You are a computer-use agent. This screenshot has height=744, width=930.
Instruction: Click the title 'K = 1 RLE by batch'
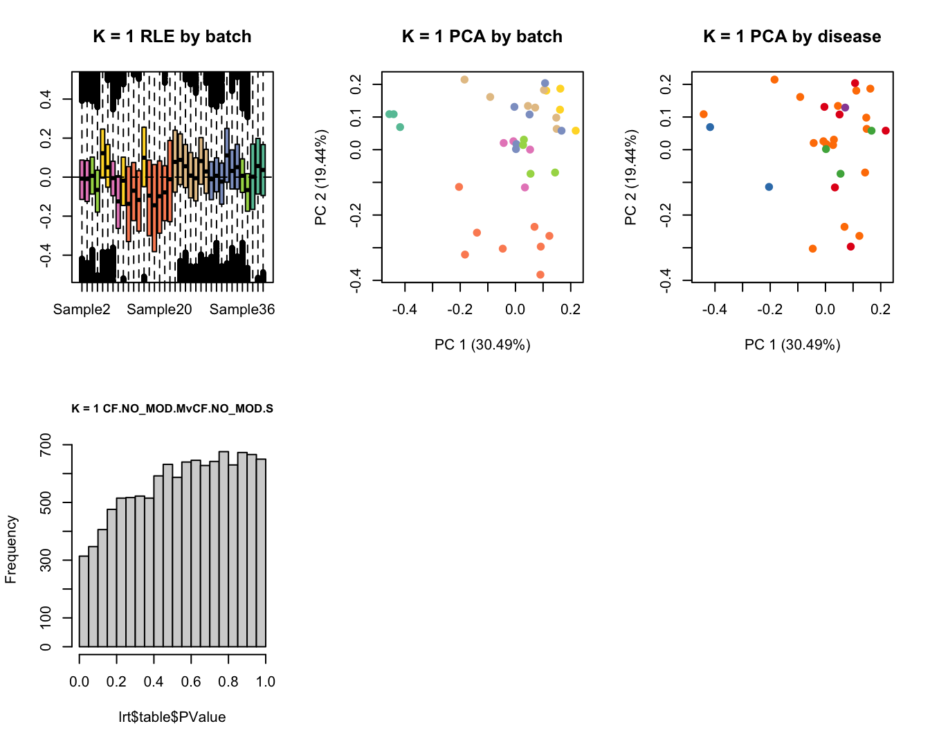coord(172,37)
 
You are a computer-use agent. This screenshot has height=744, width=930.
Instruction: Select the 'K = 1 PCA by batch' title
coord(482,37)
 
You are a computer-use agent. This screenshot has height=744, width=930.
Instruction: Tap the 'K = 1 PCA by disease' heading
coord(792,37)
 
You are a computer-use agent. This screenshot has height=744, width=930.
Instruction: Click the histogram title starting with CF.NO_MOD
coord(172,408)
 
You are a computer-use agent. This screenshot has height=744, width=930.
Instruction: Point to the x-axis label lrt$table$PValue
coord(172,717)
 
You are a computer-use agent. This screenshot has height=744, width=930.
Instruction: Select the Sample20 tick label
coord(159,309)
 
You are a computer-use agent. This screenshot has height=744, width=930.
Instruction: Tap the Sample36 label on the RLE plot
coord(242,309)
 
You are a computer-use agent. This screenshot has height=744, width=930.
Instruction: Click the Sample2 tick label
coord(82,309)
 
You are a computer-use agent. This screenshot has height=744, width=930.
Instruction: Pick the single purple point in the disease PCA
coord(845,108)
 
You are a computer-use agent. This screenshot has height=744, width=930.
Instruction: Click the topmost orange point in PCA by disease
coord(774,80)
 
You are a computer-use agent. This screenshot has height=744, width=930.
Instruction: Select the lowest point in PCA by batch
coord(540,275)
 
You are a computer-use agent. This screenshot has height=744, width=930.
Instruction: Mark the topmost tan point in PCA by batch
coord(464,80)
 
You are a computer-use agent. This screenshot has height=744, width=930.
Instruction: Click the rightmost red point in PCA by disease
coord(886,131)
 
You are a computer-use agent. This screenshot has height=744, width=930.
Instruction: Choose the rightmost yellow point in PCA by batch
coord(576,131)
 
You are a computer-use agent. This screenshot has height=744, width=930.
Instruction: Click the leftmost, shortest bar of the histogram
coord(84,601)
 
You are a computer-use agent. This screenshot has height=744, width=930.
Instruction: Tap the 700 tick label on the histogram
coord(46,445)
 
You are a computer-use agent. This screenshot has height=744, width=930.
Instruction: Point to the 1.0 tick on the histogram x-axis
coord(266,682)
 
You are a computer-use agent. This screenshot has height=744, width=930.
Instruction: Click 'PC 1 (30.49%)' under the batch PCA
coord(482,345)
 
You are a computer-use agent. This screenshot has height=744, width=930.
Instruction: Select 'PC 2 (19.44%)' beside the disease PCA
coord(630,177)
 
